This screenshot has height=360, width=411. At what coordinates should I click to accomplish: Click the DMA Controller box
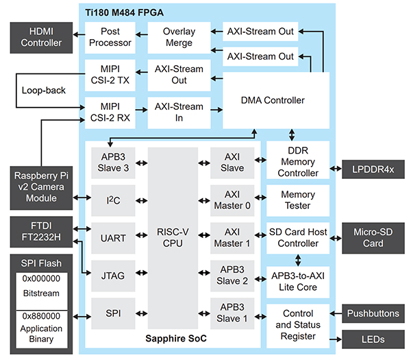(273, 100)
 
